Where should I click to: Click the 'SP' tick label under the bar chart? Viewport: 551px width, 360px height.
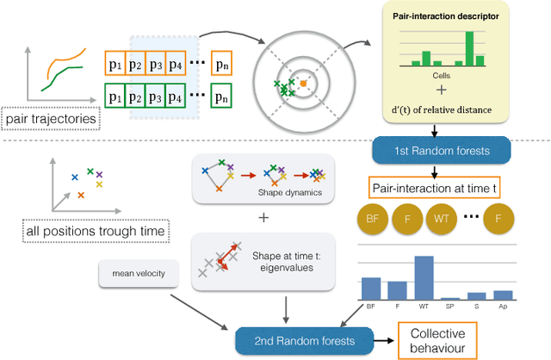pyautogui.click(x=449, y=305)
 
